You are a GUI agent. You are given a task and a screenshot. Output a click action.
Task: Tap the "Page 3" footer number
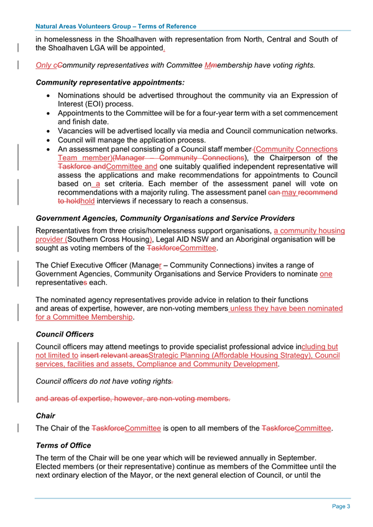click(x=341, y=506)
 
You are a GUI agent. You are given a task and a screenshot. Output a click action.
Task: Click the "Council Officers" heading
click(x=65, y=334)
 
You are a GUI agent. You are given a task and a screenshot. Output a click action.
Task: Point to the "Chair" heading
click(x=46, y=416)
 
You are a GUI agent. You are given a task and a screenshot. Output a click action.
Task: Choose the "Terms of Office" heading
click(x=63, y=445)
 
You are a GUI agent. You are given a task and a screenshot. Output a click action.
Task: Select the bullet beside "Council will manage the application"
click(x=48, y=141)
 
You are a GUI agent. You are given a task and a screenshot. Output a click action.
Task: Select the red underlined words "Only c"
click(x=47, y=65)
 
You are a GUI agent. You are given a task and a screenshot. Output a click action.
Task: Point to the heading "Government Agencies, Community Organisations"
click(x=165, y=219)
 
